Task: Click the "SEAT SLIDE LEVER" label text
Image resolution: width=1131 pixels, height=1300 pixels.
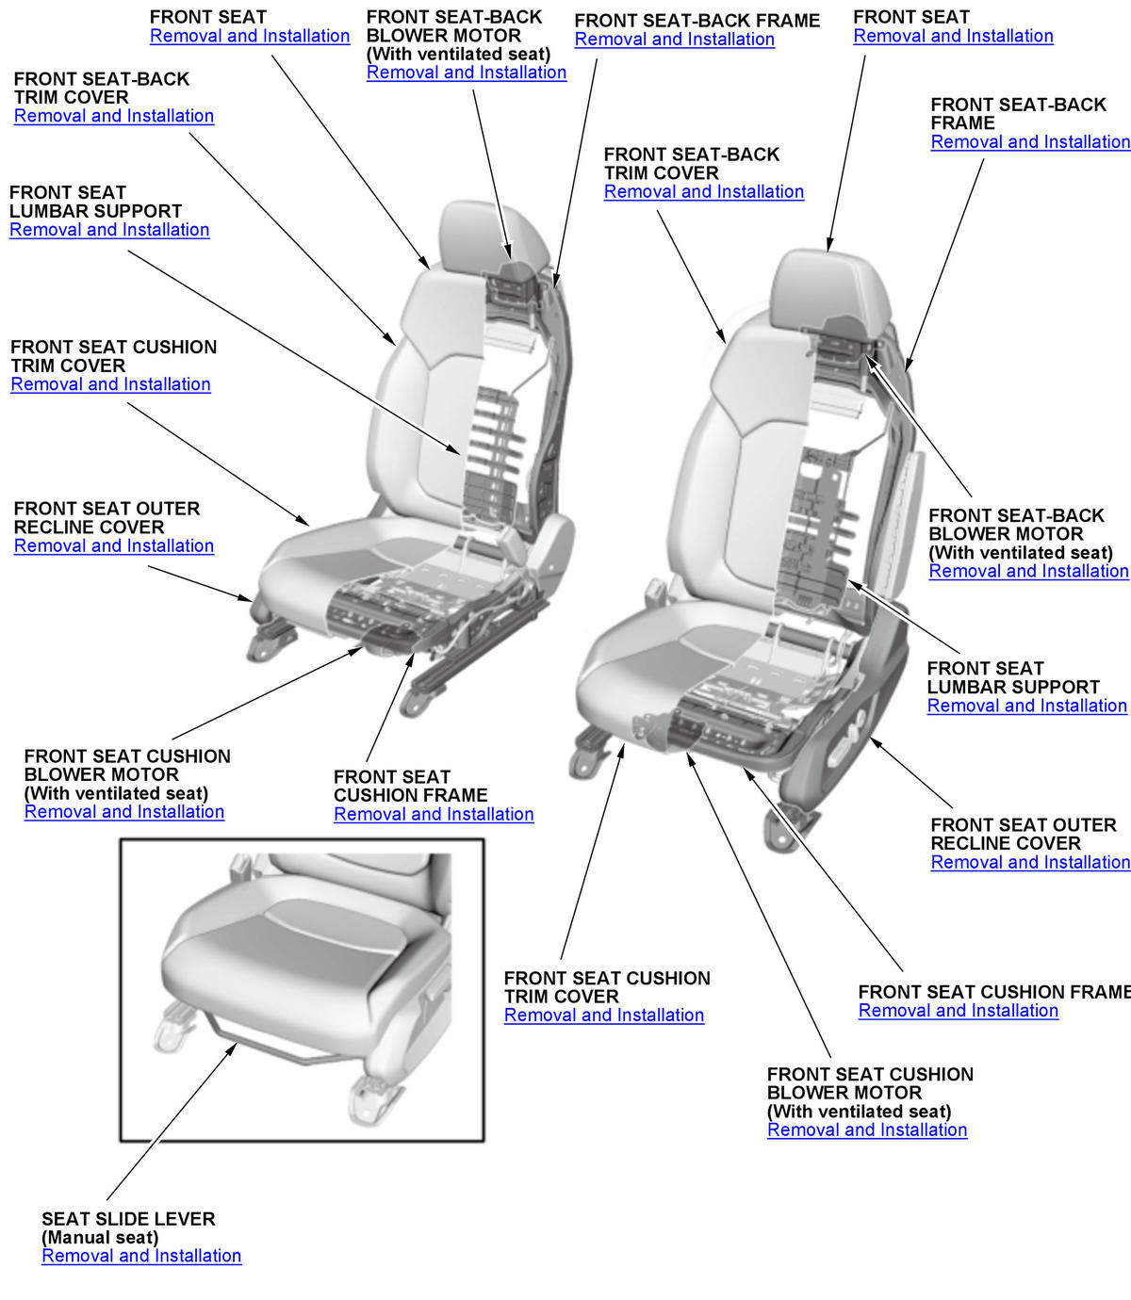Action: [x=128, y=1218]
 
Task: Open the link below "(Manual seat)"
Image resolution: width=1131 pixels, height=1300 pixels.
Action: [x=141, y=1256]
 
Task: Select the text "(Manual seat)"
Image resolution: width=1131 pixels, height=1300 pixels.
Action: [x=100, y=1237]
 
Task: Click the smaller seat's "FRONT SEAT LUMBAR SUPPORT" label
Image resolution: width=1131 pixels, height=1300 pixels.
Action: [x=95, y=202]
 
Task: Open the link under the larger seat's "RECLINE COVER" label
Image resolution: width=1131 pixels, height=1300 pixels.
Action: [x=1030, y=862]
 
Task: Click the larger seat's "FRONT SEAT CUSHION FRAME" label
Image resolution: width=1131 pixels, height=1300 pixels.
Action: [x=993, y=992]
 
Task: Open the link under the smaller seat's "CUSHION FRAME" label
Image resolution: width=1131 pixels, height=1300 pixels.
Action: [x=434, y=814]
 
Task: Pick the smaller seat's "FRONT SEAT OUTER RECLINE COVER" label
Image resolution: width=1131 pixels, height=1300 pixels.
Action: [x=107, y=517]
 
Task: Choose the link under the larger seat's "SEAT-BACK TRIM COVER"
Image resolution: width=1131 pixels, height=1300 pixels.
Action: [x=704, y=191]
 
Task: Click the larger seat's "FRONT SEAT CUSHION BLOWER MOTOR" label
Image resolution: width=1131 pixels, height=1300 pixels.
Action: [x=870, y=1083]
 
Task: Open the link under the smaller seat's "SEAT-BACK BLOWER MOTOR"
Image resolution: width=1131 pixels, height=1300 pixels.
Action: [x=466, y=72]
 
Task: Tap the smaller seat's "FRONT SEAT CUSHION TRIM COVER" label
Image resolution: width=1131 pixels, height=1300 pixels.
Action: [x=113, y=356]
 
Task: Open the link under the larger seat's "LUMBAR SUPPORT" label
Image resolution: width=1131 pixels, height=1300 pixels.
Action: [x=1026, y=706]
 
